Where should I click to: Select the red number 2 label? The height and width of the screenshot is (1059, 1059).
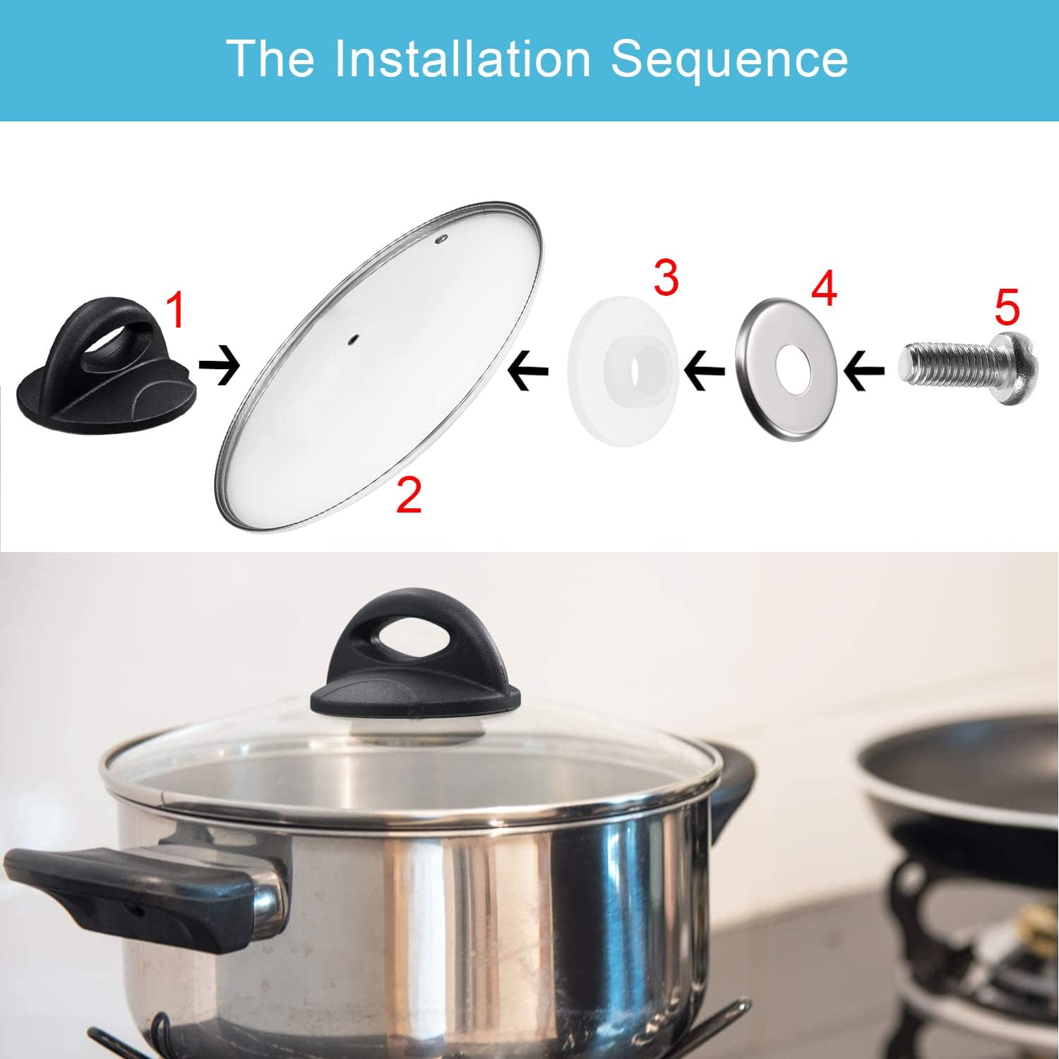click(x=409, y=495)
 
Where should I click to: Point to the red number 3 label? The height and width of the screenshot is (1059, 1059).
click(x=666, y=277)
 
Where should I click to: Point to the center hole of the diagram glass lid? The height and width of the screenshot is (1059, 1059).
click(x=352, y=340)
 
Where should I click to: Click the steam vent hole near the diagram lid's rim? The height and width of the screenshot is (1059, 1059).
click(x=442, y=239)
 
